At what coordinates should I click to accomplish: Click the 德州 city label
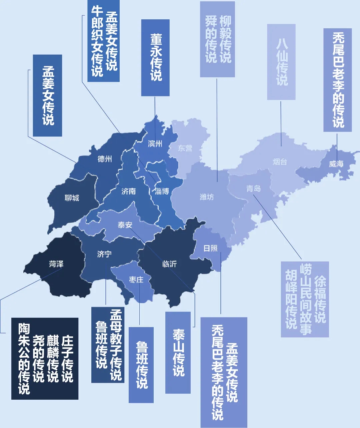coord(105,159)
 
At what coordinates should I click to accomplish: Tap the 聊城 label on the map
coord(72,198)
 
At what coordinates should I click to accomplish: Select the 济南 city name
coord(128,191)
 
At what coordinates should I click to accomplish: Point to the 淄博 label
coord(162,191)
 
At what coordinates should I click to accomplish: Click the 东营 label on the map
coord(185,148)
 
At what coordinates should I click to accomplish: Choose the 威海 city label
coord(336,164)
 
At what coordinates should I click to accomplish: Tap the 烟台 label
coord(280,162)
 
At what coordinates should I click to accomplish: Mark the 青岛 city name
coord(253,189)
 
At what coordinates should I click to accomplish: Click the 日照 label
coord(210,248)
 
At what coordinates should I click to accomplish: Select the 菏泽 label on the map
coord(56,264)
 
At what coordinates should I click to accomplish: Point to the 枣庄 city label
coord(136,280)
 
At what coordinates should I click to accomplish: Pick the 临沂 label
coord(169,264)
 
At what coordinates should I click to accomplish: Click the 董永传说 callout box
coord(156,58)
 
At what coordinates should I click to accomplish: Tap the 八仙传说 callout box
coord(281,62)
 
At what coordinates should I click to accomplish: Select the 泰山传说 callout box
coord(178,352)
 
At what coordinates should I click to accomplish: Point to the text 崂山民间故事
coord(305,299)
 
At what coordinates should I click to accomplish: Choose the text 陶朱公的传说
coord(24,358)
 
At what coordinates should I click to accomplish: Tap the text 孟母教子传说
coord(116,345)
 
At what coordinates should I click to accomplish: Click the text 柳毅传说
coord(225,39)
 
